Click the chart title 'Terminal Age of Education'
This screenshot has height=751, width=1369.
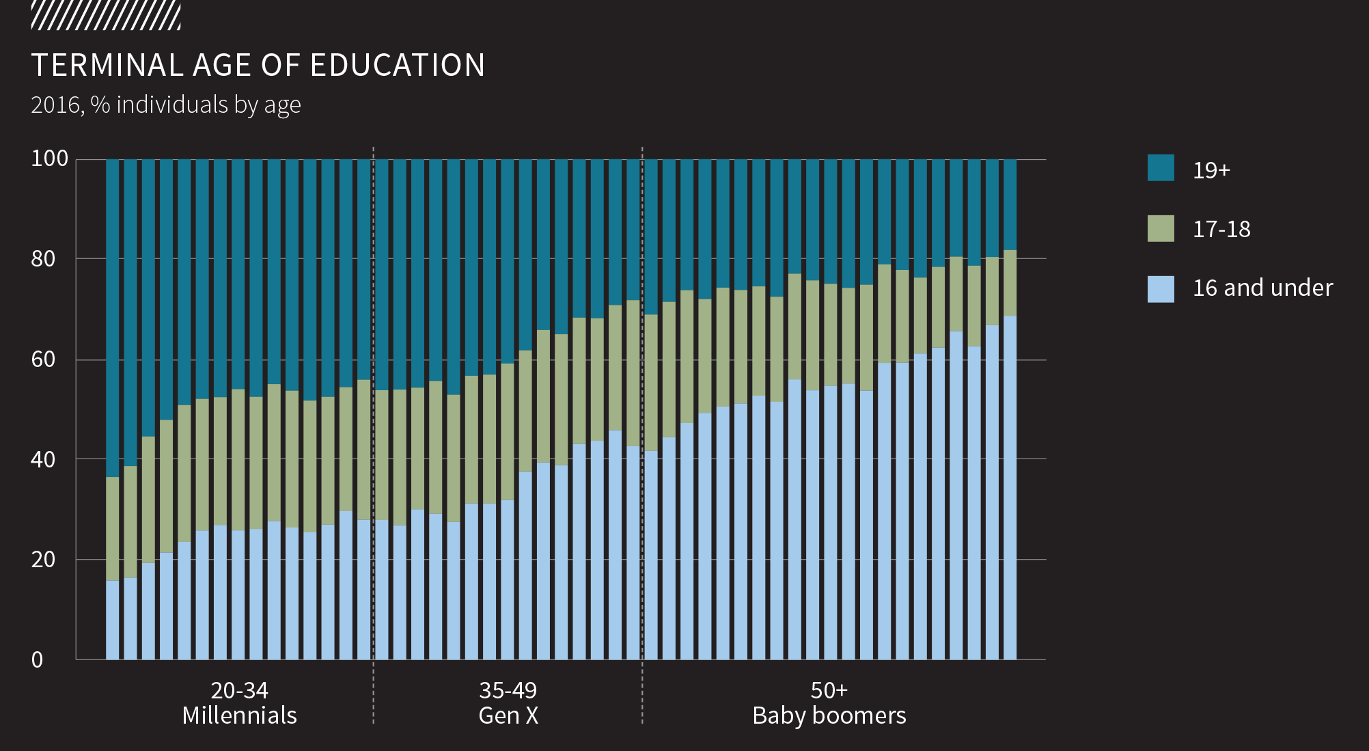pyautogui.click(x=258, y=66)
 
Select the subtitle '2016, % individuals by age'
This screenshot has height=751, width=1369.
pyautogui.click(x=166, y=105)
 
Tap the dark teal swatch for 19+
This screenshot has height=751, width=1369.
pyautogui.click(x=1161, y=168)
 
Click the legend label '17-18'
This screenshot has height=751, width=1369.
pyautogui.click(x=1221, y=229)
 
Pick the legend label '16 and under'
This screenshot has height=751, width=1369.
pyautogui.click(x=1262, y=288)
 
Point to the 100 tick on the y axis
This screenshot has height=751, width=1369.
pyautogui.click(x=50, y=159)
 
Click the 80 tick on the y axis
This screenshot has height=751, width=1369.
pyautogui.click(x=43, y=258)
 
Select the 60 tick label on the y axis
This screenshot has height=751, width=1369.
pyautogui.click(x=43, y=359)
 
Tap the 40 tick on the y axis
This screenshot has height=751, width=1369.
pyautogui.click(x=43, y=459)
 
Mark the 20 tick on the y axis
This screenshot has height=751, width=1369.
pyautogui.click(x=43, y=559)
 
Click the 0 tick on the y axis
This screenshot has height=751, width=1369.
pyautogui.click(x=37, y=659)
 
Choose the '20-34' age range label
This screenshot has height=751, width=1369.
pyautogui.click(x=239, y=690)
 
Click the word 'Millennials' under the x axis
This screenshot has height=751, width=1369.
pyautogui.click(x=239, y=715)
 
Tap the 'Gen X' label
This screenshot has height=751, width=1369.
pyautogui.click(x=508, y=715)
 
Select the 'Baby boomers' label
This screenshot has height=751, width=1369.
pyautogui.click(x=829, y=715)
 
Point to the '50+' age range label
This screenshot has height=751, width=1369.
pyautogui.click(x=829, y=690)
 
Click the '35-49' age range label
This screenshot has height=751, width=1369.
pyautogui.click(x=508, y=690)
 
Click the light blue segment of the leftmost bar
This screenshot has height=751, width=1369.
pyautogui.click(x=113, y=620)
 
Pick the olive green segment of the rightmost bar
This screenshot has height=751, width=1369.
pyautogui.click(x=1010, y=283)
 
